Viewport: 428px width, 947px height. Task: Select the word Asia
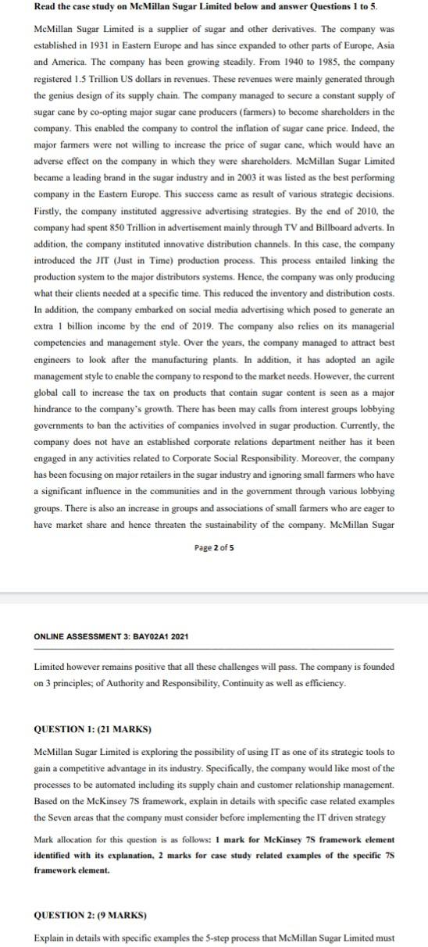[x=384, y=45]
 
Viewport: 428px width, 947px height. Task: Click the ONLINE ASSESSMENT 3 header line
[x=111, y=636]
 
